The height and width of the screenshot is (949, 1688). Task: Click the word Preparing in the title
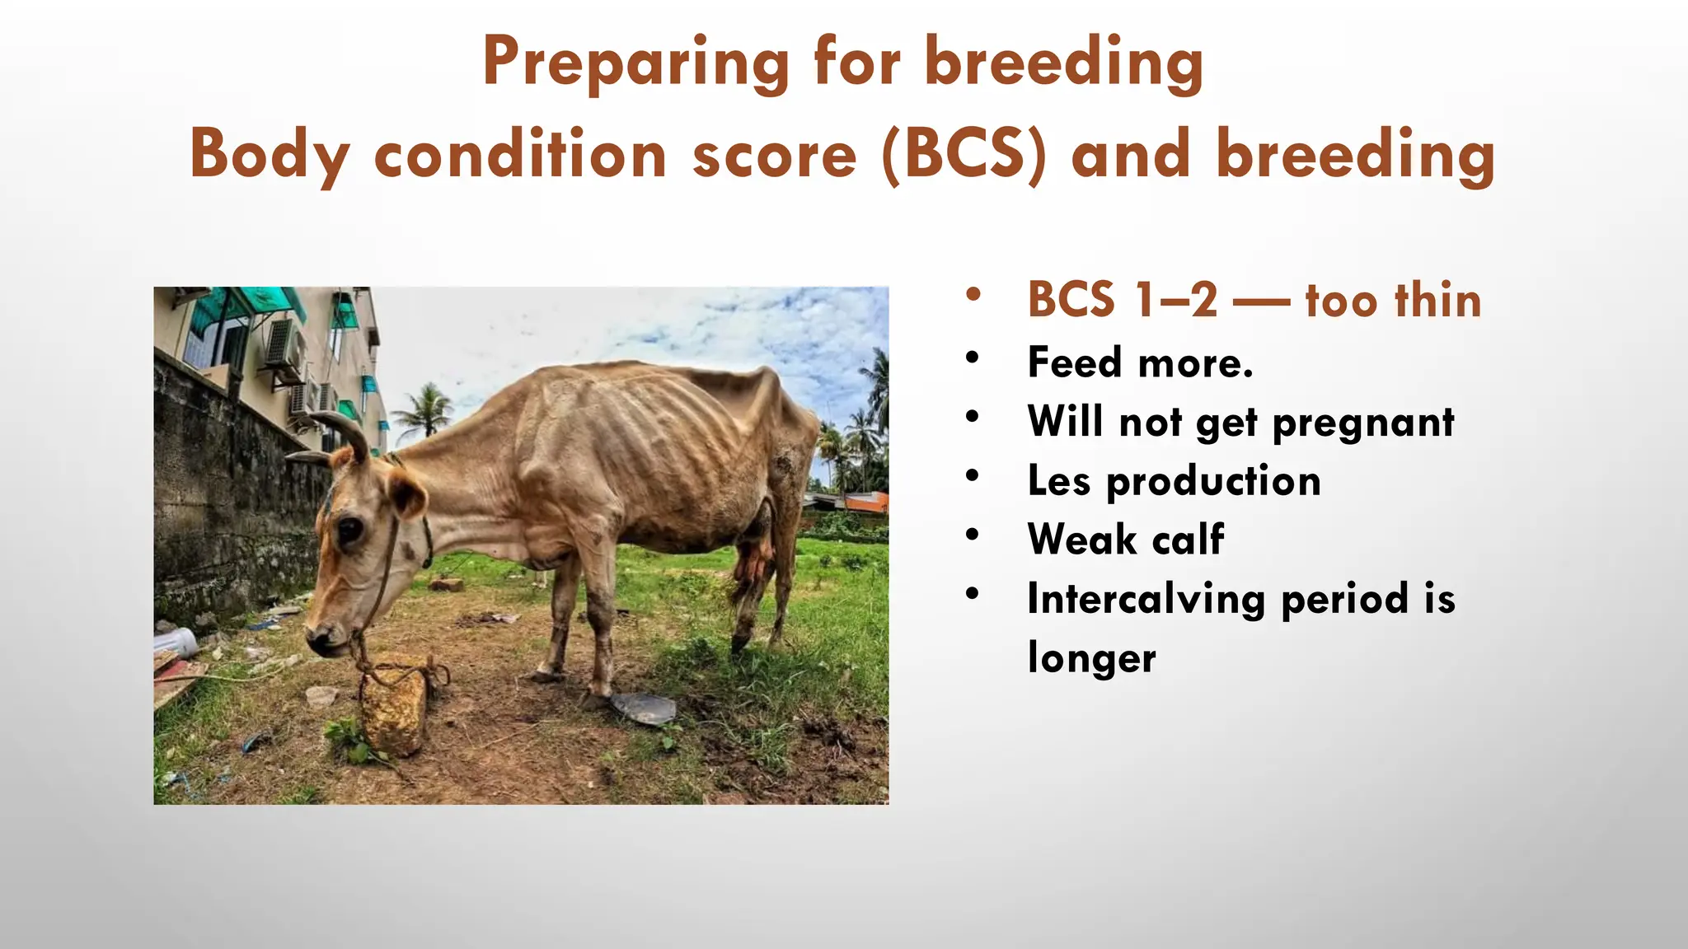(635, 63)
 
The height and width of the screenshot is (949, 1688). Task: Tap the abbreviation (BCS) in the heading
(964, 154)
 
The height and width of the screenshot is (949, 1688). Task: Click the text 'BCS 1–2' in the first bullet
(1122, 300)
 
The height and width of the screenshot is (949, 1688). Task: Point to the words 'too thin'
(1393, 300)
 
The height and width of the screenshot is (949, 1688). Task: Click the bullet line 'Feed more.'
(1140, 362)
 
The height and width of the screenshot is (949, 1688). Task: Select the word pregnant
(1363, 422)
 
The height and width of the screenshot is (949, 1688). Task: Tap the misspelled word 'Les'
(1058, 480)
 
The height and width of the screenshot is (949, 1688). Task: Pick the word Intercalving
(1146, 599)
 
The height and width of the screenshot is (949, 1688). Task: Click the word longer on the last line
(1091, 658)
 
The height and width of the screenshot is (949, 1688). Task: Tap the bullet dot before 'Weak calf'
(973, 535)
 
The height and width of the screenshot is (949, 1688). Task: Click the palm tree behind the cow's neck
(425, 407)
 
